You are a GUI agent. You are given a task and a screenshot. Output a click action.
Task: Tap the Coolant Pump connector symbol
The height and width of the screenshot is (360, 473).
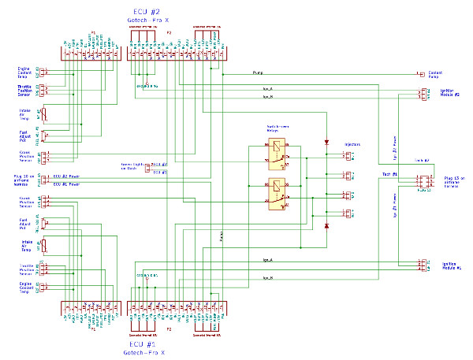tap(421, 74)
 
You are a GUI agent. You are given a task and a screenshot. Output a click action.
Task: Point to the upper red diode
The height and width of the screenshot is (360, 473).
tap(326, 143)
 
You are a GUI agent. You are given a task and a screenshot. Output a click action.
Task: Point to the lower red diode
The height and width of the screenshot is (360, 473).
tap(326, 226)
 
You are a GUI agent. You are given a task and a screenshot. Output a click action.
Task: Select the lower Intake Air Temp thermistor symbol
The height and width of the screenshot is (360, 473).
tap(44, 245)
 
